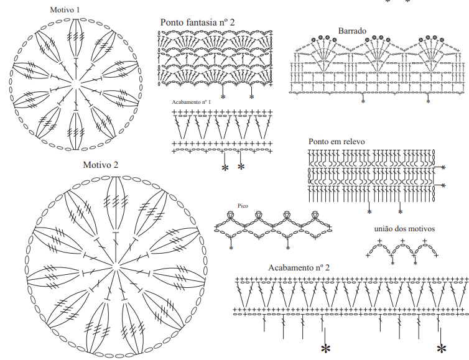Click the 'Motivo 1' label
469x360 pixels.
[65, 10]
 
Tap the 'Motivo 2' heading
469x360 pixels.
[101, 165]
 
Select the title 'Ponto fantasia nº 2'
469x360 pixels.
[197, 22]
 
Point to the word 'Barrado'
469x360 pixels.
[352, 31]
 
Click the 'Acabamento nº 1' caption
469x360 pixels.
[192, 102]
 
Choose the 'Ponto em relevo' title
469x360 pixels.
[337, 141]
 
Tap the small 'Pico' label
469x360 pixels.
[243, 206]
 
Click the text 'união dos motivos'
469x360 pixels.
[404, 229]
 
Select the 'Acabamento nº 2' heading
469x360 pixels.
[299, 267]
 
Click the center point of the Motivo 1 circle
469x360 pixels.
[75, 85]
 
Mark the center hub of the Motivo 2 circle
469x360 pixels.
[116, 265]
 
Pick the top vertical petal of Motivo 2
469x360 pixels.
[116, 204]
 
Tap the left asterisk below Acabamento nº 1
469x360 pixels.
[225, 168]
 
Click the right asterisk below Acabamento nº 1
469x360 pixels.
[241, 167]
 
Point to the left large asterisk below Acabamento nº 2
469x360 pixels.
[325, 349]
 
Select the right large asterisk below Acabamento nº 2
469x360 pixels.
[442, 349]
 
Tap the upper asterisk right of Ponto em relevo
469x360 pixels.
[443, 167]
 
